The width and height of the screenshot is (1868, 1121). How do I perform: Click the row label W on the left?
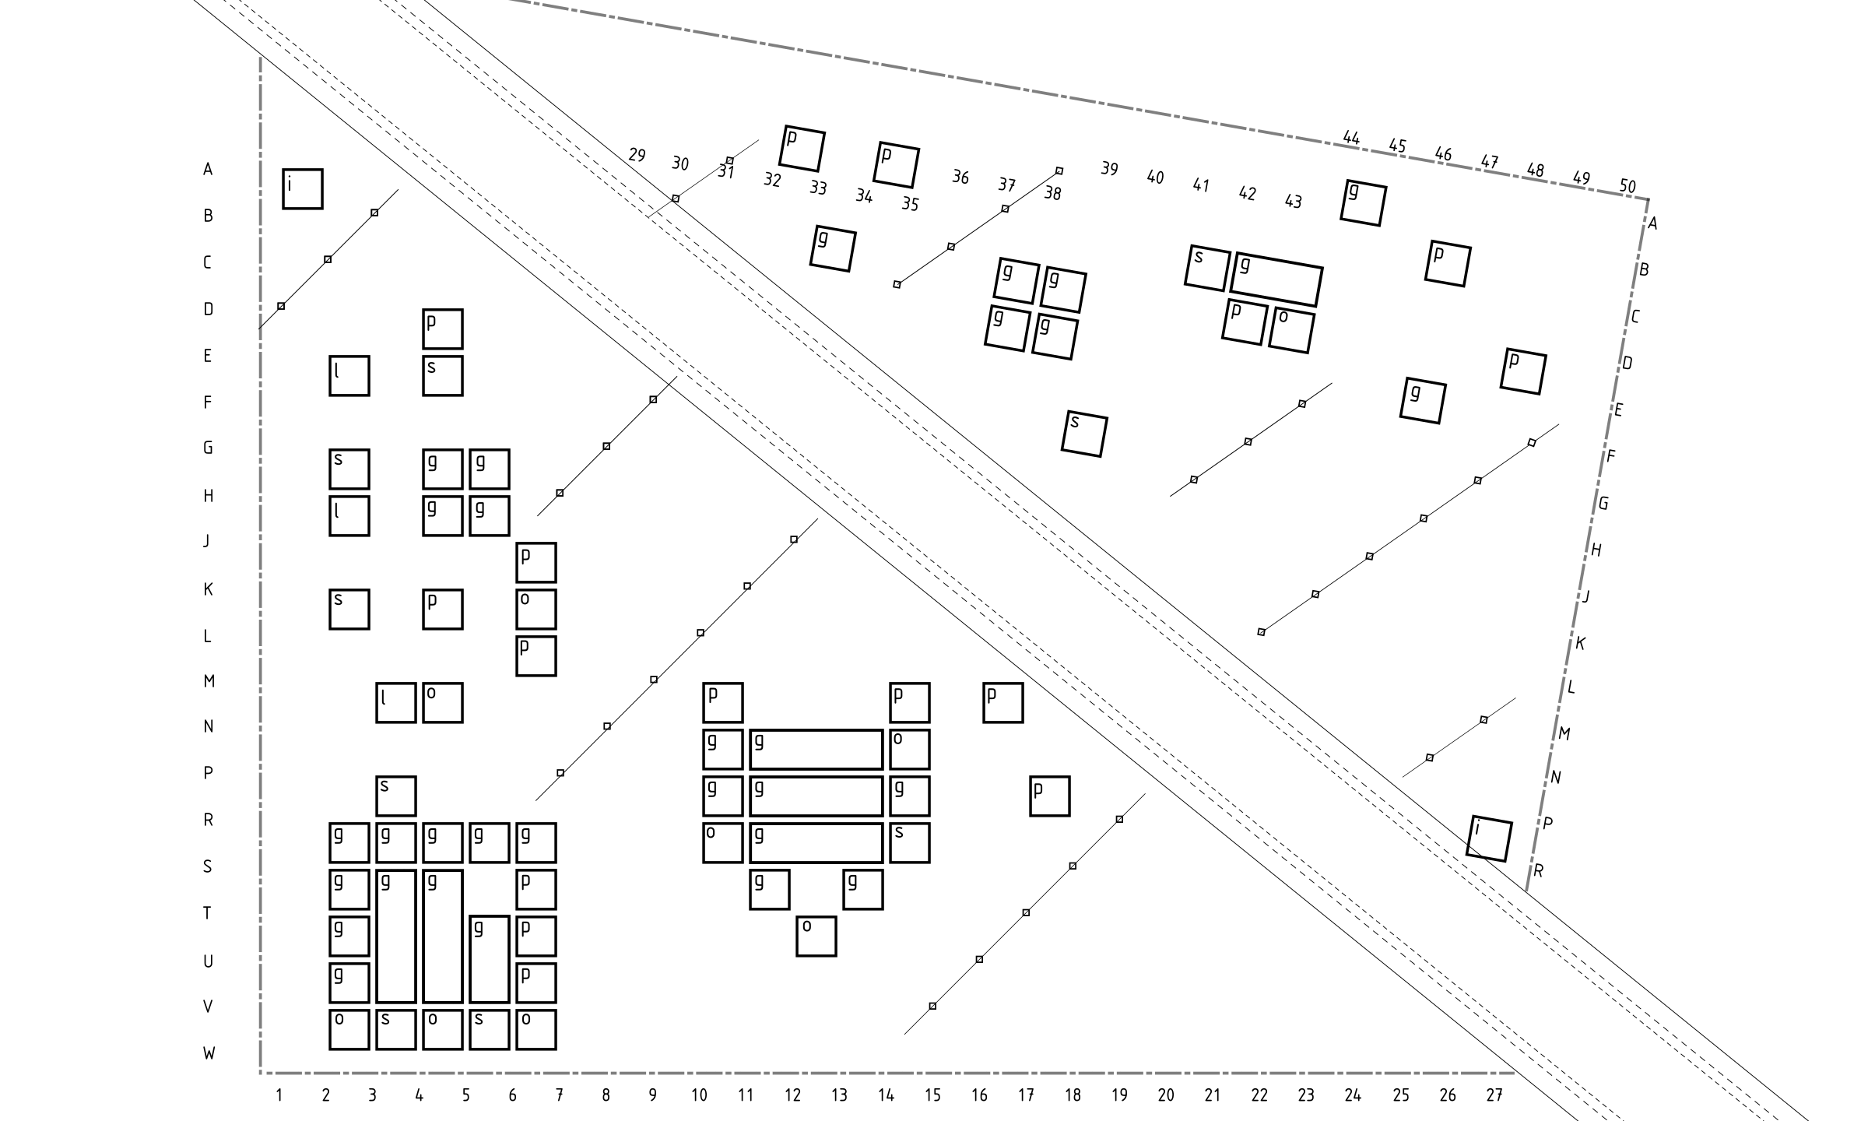click(x=209, y=1053)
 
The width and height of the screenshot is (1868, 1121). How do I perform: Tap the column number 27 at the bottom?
click(x=1494, y=1095)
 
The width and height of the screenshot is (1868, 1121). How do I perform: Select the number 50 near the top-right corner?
click(x=1627, y=186)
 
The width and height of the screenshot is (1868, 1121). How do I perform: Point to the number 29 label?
click(x=637, y=155)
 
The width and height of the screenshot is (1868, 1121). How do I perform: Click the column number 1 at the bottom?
click(x=279, y=1095)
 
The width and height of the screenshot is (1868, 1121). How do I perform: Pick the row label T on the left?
click(x=207, y=913)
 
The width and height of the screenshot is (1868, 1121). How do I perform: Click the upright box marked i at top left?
click(x=303, y=189)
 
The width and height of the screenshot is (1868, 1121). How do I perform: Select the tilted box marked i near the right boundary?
click(x=1489, y=838)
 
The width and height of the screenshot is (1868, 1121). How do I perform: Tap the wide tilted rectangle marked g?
click(x=1276, y=279)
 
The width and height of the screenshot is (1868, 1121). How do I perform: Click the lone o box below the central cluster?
click(x=816, y=936)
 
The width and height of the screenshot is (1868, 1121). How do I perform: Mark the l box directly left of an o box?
click(x=396, y=703)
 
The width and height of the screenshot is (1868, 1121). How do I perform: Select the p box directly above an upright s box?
click(x=443, y=329)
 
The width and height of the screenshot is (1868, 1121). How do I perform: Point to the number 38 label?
click(x=1052, y=193)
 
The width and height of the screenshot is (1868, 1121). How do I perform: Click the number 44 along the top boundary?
click(x=1351, y=138)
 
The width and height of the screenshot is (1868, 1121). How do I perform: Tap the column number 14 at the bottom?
click(x=886, y=1095)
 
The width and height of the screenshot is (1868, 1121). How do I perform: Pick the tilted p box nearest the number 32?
click(x=802, y=149)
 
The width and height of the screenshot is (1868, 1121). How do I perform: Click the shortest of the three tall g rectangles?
click(x=490, y=959)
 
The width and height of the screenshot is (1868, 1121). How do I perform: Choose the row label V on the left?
click(x=208, y=1007)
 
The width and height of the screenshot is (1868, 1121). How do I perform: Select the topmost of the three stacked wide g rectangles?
click(x=816, y=750)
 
